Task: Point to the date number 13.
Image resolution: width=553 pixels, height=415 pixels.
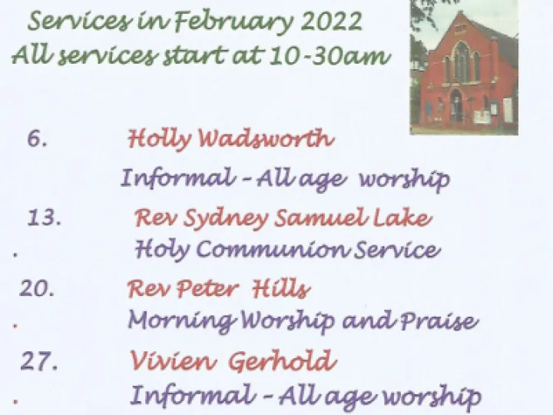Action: coord(45,218)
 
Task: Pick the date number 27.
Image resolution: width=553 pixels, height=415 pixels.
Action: coord(39,361)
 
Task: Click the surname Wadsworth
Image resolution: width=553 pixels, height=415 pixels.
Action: coord(266,139)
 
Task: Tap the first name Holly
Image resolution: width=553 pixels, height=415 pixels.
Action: coord(159,139)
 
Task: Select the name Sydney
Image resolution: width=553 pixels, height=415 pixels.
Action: coord(223,219)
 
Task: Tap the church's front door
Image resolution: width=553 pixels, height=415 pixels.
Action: coord(457,108)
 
